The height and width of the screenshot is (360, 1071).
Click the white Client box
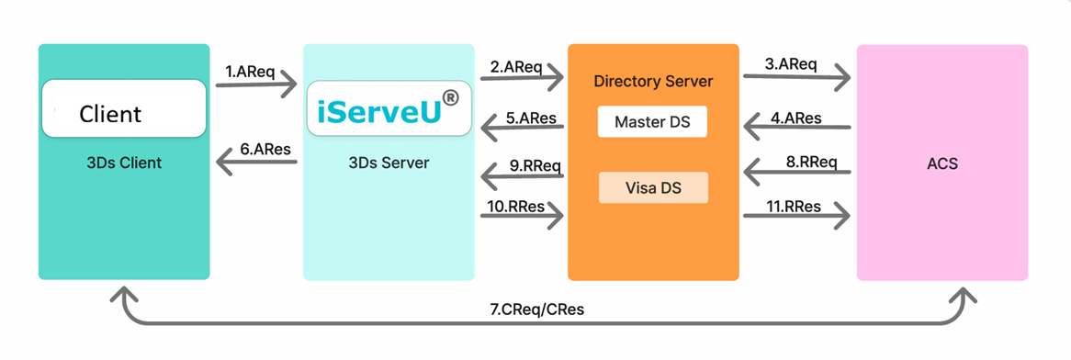(124, 108)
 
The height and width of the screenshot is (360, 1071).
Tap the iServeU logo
(389, 108)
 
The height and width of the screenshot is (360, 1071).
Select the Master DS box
(652, 122)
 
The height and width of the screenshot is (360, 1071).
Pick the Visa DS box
(653, 188)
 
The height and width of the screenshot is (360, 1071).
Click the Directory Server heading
(653, 82)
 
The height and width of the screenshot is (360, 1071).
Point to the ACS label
(941, 164)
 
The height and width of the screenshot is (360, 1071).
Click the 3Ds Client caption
(124, 163)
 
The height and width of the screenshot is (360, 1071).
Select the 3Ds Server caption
(388, 163)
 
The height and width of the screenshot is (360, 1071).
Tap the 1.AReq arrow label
(249, 71)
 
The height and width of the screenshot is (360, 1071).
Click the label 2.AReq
(515, 67)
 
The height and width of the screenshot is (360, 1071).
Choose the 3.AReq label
(790, 65)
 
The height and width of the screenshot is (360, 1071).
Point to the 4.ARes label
(796, 118)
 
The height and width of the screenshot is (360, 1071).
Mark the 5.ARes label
(532, 118)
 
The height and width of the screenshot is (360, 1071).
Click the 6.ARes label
(265, 150)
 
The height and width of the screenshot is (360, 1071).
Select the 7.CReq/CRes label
(537, 309)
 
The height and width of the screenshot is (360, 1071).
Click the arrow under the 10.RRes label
(523, 217)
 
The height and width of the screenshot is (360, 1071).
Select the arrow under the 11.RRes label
(796, 217)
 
